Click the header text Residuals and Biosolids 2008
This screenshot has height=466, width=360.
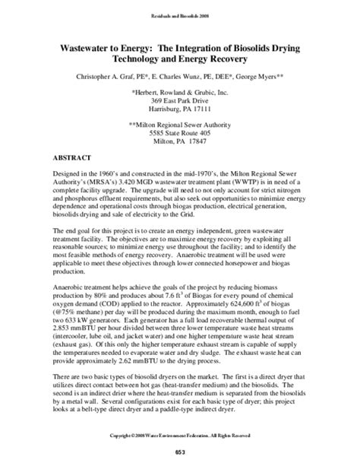(x=179, y=15)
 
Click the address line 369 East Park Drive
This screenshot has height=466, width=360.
(x=181, y=99)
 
